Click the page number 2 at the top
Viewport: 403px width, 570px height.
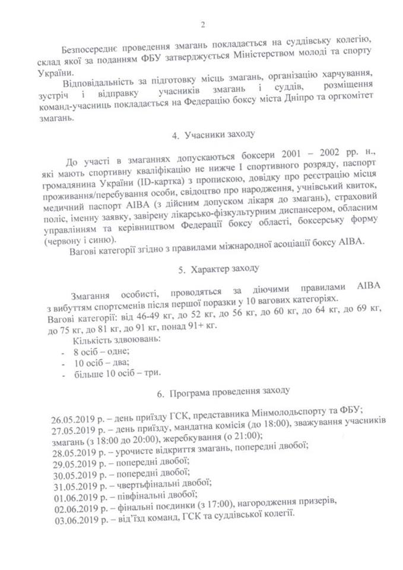[202, 24]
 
